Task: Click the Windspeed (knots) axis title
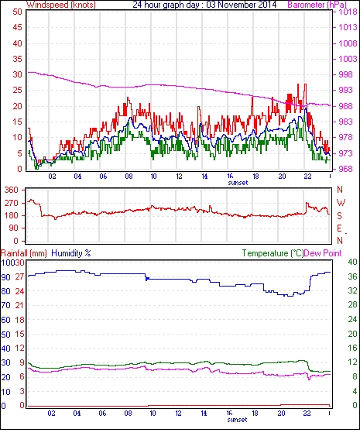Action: [x=61, y=5]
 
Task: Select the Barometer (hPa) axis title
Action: [x=317, y=5]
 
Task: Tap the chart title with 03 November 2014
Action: [x=204, y=5]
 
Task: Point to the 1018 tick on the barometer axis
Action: [x=348, y=12]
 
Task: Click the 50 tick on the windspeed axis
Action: [x=17, y=12]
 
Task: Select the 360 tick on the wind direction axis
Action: [x=12, y=191]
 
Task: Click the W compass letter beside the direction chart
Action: [x=341, y=203]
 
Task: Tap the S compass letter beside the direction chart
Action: [x=339, y=216]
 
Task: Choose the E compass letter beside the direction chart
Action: [x=339, y=228]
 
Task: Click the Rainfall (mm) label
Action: [x=24, y=253]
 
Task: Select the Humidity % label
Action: [x=71, y=253]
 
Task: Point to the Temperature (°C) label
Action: [x=273, y=253]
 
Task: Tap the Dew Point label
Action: [x=323, y=253]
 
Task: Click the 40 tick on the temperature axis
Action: [x=353, y=262]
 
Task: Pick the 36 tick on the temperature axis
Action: [x=353, y=276]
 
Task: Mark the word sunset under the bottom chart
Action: [x=237, y=419]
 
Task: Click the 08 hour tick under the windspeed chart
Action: [x=129, y=176]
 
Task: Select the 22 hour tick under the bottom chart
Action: [x=307, y=414]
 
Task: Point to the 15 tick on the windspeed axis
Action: [x=17, y=122]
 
